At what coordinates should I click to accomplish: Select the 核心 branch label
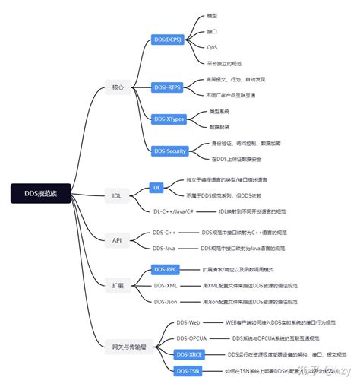(118, 88)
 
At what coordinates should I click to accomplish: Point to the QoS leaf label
(212, 47)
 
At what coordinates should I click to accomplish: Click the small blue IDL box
(156, 187)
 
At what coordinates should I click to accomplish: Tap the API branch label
(117, 239)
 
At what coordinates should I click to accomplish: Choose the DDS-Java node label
(165, 248)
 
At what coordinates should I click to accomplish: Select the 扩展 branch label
(117, 284)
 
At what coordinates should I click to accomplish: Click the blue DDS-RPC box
(166, 269)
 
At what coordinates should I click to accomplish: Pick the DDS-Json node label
(166, 301)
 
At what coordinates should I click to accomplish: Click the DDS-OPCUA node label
(191, 338)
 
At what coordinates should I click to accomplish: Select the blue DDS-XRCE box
(190, 354)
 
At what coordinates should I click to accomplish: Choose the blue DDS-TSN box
(188, 370)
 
